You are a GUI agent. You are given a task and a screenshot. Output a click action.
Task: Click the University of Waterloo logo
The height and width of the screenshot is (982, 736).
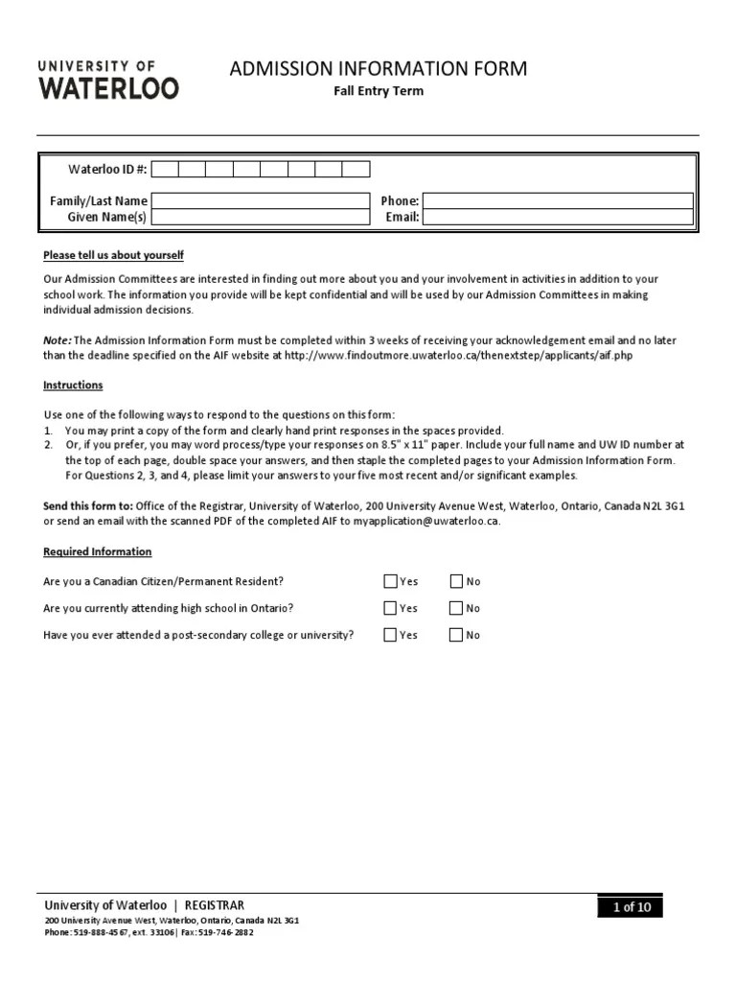point(107,79)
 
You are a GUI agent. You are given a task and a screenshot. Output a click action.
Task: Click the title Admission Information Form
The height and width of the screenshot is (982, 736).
point(378,69)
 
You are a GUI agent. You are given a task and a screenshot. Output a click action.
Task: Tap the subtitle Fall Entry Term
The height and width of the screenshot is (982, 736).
point(378,91)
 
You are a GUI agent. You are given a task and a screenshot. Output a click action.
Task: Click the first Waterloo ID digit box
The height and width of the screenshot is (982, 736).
point(165,170)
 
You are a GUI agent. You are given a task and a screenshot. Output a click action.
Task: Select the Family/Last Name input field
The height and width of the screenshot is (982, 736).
point(261,201)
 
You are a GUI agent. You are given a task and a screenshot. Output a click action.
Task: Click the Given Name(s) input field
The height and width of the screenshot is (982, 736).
point(261,218)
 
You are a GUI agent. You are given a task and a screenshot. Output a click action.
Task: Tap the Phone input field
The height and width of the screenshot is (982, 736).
point(558,201)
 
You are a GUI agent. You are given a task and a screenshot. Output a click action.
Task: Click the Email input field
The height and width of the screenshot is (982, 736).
point(558,218)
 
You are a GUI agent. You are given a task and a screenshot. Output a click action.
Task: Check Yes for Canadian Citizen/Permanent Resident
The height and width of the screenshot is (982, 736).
point(390,581)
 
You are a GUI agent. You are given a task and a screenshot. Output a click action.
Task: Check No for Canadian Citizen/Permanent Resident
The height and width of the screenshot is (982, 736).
point(456,581)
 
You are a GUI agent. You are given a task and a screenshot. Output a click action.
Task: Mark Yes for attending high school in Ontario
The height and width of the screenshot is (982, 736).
point(390,608)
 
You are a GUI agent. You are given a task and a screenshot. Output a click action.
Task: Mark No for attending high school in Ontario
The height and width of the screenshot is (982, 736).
point(456,608)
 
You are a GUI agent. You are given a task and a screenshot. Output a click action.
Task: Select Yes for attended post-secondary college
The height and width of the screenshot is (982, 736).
point(390,635)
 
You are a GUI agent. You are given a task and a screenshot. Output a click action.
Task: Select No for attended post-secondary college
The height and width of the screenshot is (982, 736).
point(456,635)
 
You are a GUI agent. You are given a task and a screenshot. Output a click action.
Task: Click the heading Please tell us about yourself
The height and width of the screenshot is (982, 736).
point(113,255)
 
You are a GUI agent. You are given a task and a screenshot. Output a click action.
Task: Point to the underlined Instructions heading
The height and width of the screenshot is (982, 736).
point(73,386)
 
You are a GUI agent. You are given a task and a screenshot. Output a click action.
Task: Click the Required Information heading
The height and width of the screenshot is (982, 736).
point(97,552)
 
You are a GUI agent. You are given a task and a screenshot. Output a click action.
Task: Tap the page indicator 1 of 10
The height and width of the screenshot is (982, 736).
point(630,907)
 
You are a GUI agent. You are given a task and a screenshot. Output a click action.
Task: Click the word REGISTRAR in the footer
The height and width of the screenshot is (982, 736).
point(215,905)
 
